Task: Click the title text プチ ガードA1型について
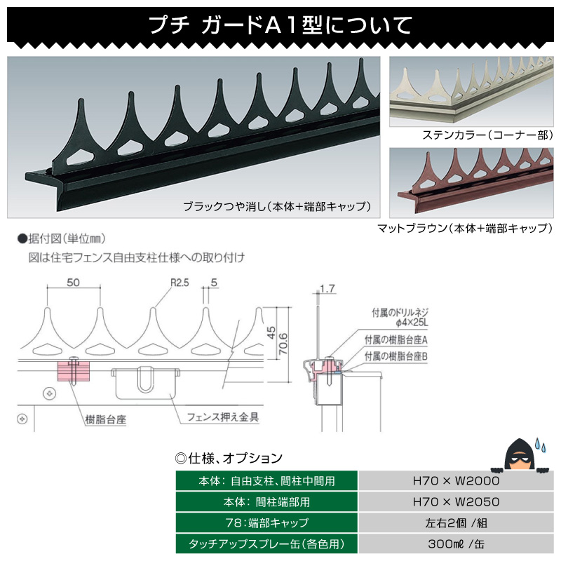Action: point(280,25)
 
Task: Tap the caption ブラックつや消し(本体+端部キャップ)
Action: point(276,207)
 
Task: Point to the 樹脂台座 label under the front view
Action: point(104,418)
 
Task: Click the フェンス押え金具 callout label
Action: point(223,417)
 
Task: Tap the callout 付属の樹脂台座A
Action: point(396,339)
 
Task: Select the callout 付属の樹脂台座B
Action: point(396,356)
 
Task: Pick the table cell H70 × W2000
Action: point(456,481)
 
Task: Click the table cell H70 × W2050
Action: point(456,502)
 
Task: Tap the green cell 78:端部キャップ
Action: point(266,522)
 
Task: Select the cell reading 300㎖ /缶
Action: point(456,543)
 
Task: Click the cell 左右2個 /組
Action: point(456,522)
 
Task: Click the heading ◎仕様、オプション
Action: point(229,458)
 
